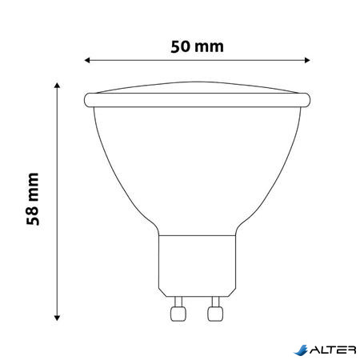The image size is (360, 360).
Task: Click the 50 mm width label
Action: [x=197, y=46]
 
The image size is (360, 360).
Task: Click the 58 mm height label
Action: [x=33, y=198]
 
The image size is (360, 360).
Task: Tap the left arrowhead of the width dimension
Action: [x=87, y=60]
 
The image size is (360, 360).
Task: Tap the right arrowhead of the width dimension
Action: [x=306, y=60]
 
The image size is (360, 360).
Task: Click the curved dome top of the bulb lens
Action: [x=197, y=87]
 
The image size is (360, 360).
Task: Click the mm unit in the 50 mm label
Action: [x=210, y=46]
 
